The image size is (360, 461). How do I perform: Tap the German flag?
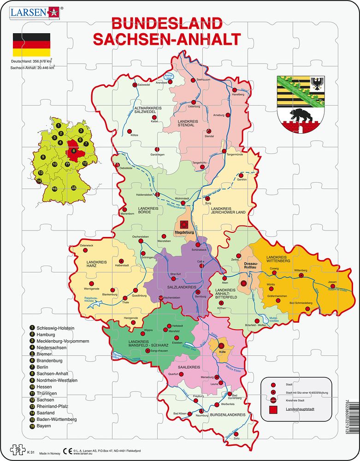(31, 45)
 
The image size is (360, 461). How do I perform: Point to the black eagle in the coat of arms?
(317, 83)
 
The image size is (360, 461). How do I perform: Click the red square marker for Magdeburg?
(184, 224)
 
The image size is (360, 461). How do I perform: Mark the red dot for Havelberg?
(235, 90)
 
